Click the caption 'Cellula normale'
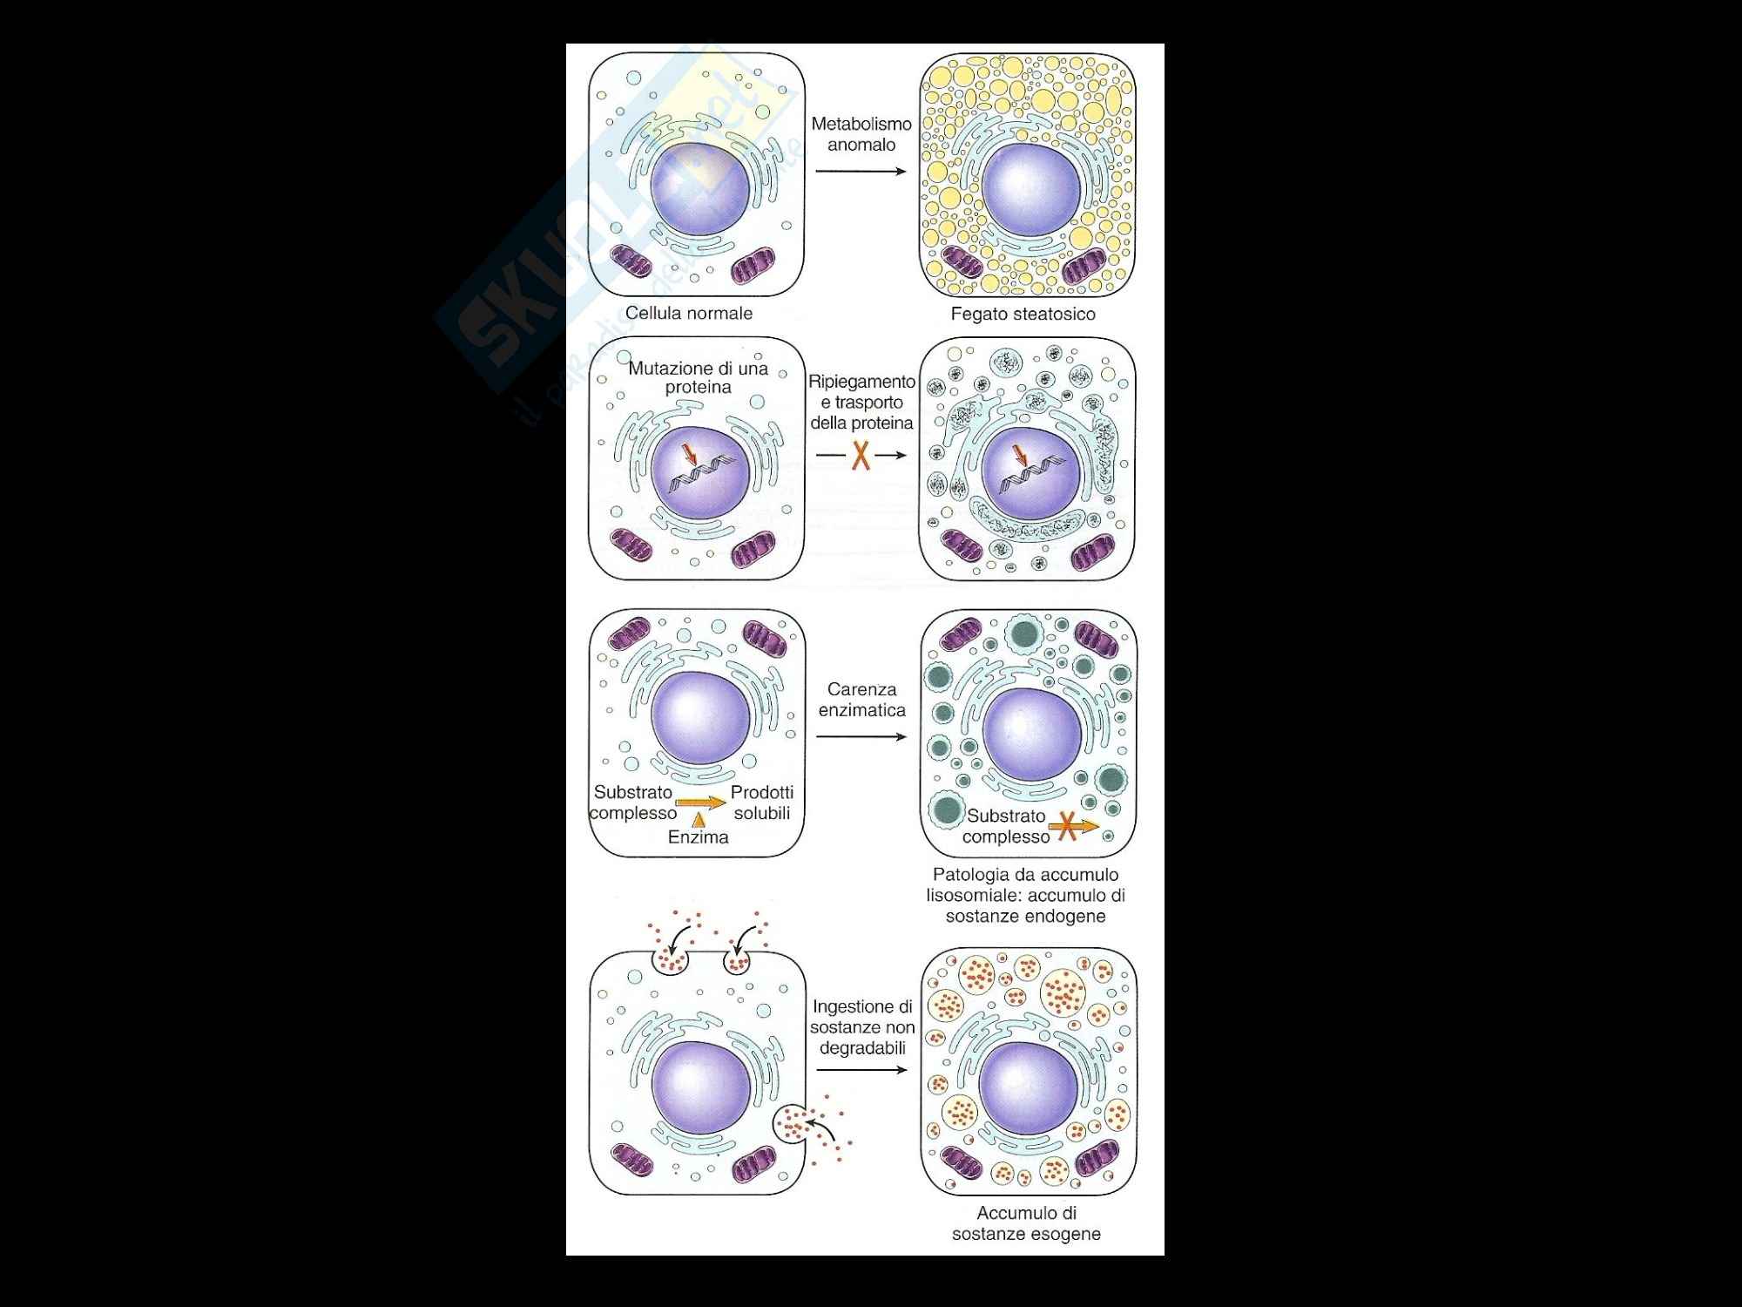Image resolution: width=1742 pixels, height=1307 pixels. tap(689, 314)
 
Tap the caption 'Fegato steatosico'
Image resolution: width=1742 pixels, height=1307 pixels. tap(1023, 315)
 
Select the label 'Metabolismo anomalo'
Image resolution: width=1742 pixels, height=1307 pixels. tap(861, 134)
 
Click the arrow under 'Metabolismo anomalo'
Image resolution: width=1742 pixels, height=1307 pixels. tap(861, 171)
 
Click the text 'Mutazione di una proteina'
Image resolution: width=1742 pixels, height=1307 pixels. tap(698, 377)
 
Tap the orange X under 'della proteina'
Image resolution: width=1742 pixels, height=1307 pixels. tap(861, 456)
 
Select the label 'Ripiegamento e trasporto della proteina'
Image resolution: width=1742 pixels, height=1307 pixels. tap(861, 403)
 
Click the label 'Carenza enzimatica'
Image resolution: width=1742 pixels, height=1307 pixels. tap(861, 700)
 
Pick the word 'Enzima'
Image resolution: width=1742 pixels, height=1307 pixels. tap(698, 837)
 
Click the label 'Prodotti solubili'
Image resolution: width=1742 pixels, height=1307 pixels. tap(762, 802)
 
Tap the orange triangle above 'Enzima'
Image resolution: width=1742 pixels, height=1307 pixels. tap(698, 819)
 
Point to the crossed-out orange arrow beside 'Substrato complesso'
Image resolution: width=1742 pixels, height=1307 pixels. tap(1074, 827)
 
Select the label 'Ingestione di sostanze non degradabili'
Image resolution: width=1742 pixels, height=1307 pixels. tap(861, 1027)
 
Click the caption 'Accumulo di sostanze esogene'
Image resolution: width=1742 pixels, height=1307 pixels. tap(1026, 1223)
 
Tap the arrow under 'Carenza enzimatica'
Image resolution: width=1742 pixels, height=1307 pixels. tap(861, 737)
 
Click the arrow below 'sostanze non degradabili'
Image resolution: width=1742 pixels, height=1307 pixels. tap(861, 1070)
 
